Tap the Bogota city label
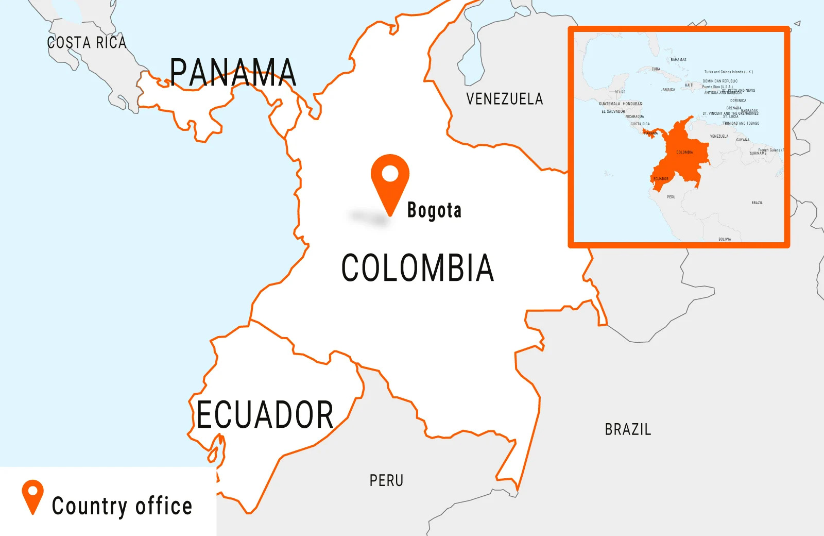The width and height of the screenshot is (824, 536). [434, 210]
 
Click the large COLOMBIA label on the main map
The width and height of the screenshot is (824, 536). [418, 268]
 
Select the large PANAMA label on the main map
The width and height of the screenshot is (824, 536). [233, 73]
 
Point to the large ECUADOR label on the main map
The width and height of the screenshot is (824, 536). [265, 415]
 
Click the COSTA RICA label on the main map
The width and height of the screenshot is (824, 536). [87, 43]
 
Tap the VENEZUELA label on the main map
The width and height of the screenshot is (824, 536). [504, 99]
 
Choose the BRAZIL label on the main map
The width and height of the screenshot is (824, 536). [628, 429]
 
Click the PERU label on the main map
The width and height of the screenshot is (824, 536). [386, 481]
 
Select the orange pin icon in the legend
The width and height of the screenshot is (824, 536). [32, 495]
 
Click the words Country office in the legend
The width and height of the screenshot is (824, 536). [122, 506]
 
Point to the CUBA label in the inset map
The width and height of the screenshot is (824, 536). [656, 69]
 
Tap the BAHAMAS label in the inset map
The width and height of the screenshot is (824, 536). [678, 60]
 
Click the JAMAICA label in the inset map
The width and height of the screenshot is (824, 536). [667, 90]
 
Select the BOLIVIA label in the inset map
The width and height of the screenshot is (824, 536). [725, 239]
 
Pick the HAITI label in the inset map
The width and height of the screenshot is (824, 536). [689, 85]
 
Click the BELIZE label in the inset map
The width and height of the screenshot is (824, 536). [620, 92]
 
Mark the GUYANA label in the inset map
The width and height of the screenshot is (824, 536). [743, 140]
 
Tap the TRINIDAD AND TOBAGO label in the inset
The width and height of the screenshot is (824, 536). [741, 124]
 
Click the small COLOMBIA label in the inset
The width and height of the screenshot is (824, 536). [684, 153]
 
